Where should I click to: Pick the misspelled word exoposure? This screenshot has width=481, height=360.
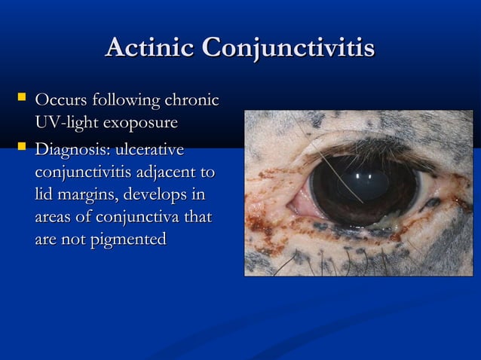[141, 122]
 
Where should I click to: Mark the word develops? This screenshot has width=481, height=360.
[155, 195]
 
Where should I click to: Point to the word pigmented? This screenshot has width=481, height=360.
[124, 240]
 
